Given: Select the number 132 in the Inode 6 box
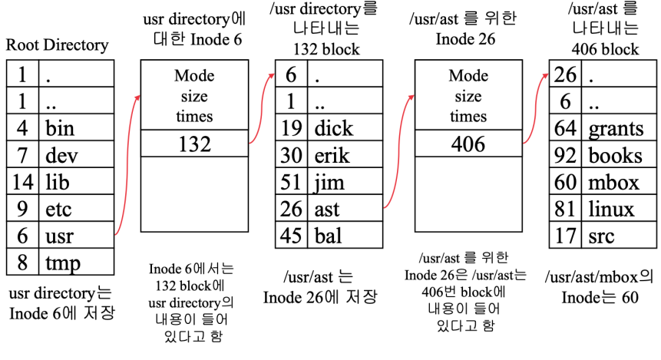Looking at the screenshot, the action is (x=194, y=144).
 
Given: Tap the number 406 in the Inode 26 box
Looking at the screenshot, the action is (x=468, y=144).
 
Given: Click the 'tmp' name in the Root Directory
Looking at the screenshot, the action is (x=62, y=263).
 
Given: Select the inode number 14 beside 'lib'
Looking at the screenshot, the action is (x=22, y=182).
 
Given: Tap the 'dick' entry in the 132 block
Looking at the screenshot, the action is (x=334, y=127).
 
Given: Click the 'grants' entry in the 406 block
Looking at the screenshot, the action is (x=616, y=128).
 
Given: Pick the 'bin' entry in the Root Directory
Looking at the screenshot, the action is (x=60, y=128).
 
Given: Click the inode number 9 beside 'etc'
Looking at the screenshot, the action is (x=22, y=209).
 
